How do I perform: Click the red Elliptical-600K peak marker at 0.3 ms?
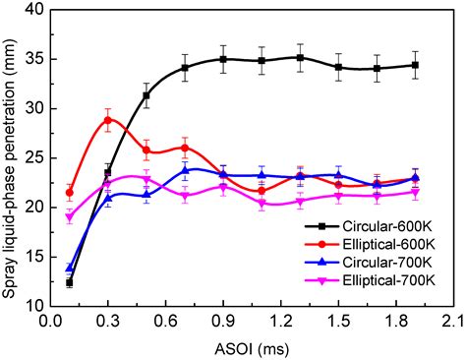[108, 120]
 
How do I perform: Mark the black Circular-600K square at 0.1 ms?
[69, 282]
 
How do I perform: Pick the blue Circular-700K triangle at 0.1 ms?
[69, 268]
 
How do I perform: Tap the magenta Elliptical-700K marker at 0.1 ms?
[69, 217]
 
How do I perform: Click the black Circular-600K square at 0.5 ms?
[146, 95]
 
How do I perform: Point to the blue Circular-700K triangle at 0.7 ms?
[186, 170]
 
